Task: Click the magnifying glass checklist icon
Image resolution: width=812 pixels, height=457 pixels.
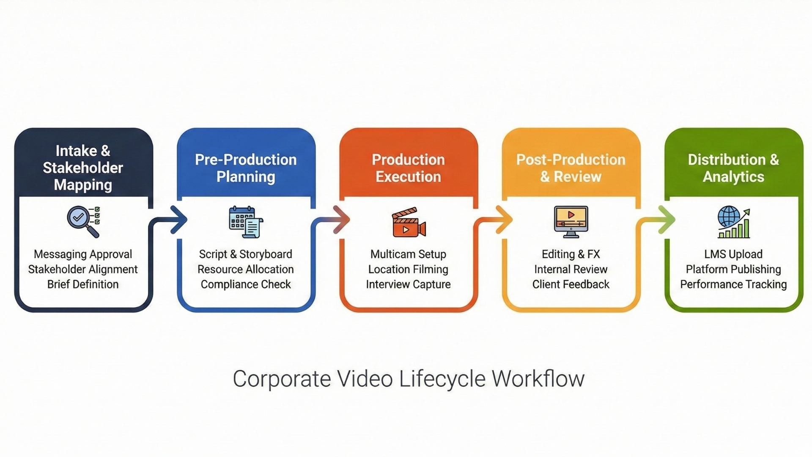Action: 83,221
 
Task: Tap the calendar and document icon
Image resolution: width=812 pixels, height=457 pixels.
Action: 246,222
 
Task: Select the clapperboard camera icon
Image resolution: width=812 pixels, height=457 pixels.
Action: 409,222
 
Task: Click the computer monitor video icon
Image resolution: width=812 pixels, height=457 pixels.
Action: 571,222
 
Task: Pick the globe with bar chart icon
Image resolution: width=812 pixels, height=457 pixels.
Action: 733,222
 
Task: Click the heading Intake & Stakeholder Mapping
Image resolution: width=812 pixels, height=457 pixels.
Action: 83,168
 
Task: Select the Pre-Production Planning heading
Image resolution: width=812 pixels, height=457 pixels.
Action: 246,168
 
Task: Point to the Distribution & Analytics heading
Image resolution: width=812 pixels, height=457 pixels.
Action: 733,168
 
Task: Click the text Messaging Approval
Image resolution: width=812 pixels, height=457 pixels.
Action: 83,254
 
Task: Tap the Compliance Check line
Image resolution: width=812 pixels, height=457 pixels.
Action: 246,284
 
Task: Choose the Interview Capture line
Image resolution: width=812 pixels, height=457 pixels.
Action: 408,284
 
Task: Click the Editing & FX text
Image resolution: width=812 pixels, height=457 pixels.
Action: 571,254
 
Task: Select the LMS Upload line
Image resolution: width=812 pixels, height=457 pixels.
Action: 733,254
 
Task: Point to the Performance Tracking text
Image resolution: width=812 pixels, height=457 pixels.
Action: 733,284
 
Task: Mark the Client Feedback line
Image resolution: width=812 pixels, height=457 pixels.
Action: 571,284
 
